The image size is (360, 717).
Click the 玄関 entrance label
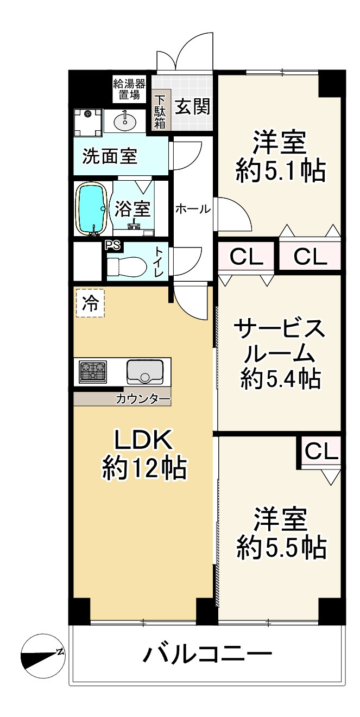tap(193, 106)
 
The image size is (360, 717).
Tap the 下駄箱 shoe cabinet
tap(160, 110)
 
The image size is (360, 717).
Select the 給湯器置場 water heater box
tap(129, 90)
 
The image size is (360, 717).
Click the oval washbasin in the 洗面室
tap(125, 121)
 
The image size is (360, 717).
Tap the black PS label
tap(113, 245)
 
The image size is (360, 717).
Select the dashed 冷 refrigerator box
tap(90, 303)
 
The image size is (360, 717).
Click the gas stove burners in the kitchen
tap(93, 372)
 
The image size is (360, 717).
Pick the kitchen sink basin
tap(145, 371)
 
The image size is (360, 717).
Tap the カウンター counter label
tap(143, 399)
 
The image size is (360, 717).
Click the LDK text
tap(144, 441)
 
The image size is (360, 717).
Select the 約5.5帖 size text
tap(281, 548)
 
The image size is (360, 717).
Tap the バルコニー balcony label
tap(207, 652)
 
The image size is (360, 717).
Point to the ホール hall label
tap(193, 210)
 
